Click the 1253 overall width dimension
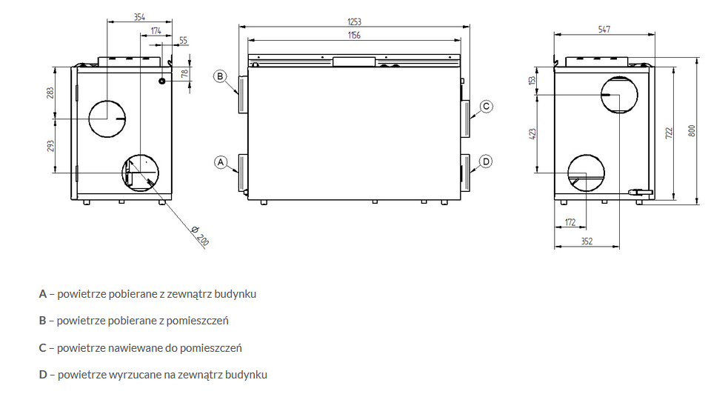(353, 23)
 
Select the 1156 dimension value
(353, 36)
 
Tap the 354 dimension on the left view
(138, 16)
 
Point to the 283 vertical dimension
(50, 93)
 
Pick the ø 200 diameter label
(199, 238)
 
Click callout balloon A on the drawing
(220, 161)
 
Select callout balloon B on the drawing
(220, 76)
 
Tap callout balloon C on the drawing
(485, 106)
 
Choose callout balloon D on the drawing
(485, 161)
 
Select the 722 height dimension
(668, 132)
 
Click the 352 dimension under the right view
(587, 241)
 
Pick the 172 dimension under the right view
(570, 222)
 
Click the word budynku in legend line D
(247, 375)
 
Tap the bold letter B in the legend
(43, 321)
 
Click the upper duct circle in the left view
(107, 118)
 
